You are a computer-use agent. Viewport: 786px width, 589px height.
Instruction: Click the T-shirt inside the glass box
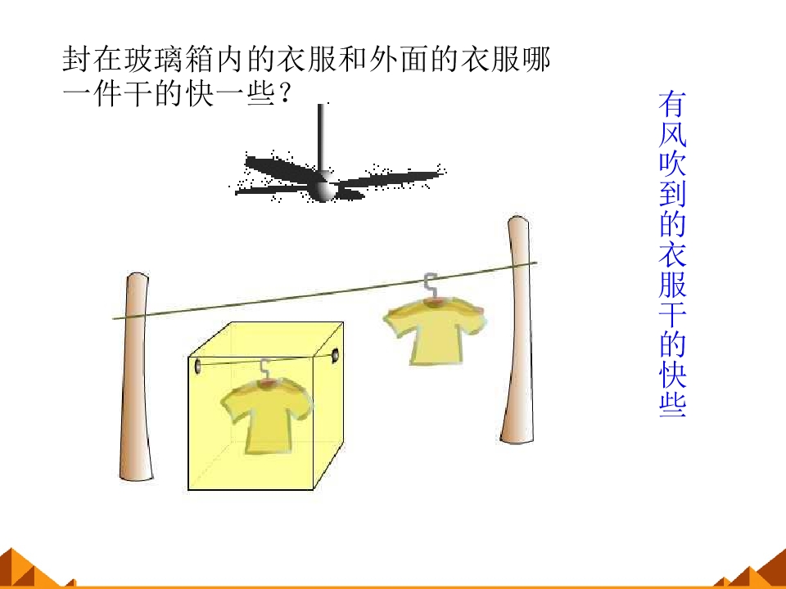click(265, 416)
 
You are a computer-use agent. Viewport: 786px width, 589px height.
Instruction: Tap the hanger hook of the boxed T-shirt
click(264, 369)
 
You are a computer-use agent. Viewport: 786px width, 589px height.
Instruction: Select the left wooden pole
click(135, 376)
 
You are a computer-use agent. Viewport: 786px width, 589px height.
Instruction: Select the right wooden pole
click(518, 330)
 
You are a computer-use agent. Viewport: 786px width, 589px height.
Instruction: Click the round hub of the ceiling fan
click(325, 188)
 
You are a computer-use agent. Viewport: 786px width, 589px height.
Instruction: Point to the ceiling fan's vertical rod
click(321, 137)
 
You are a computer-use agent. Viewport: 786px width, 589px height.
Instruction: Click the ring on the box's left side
click(197, 366)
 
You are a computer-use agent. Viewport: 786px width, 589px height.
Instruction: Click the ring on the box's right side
click(335, 355)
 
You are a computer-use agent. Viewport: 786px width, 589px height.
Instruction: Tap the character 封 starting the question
click(77, 59)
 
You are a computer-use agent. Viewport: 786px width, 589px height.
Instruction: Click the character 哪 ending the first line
click(535, 59)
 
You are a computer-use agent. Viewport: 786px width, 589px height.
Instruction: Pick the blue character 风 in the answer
click(672, 133)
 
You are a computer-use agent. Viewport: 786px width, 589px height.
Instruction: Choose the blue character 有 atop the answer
click(672, 104)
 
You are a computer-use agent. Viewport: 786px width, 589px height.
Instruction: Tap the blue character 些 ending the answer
click(672, 404)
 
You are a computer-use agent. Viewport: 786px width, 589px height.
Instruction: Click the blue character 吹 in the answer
click(672, 164)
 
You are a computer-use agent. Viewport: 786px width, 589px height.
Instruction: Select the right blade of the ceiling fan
click(391, 178)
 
